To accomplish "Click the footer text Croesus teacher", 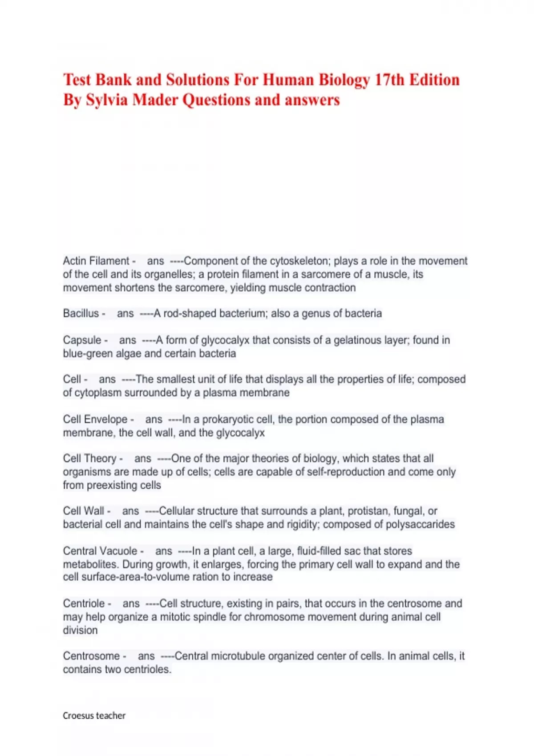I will [x=94, y=716].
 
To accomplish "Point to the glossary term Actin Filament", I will [x=96, y=261].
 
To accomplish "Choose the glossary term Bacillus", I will [x=81, y=314].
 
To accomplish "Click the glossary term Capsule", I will [x=82, y=340].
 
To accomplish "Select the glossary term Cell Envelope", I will [x=95, y=419].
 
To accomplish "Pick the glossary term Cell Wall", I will [x=84, y=511].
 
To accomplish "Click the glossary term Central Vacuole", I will [x=100, y=551].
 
